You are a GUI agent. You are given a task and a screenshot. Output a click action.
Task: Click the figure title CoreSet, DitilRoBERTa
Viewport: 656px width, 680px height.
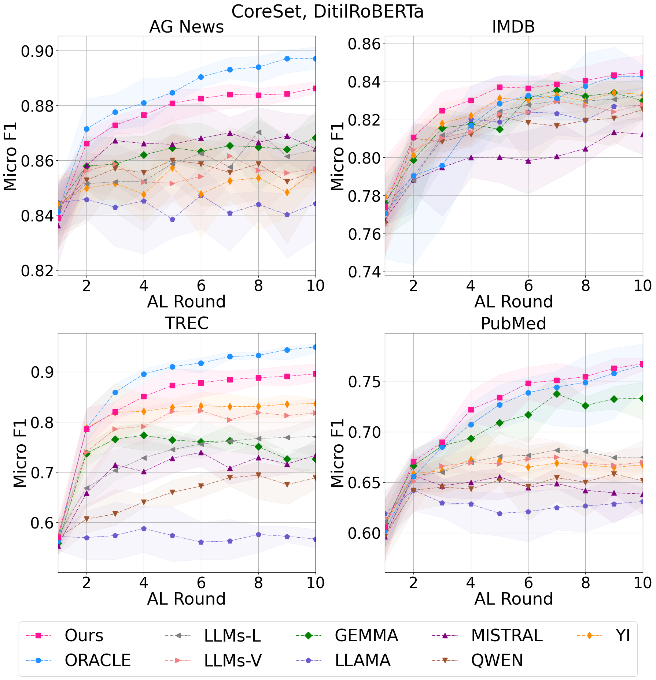click(x=327, y=12)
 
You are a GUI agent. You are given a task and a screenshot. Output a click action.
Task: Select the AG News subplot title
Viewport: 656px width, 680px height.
click(x=186, y=27)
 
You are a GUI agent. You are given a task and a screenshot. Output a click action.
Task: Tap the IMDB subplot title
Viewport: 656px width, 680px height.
click(x=513, y=27)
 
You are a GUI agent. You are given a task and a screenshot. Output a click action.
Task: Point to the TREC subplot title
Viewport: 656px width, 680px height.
click(x=186, y=324)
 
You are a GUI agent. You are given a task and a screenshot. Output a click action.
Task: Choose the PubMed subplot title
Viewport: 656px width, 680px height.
click(x=513, y=324)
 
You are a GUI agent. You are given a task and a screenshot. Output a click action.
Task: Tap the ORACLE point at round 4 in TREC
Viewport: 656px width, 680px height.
click(x=144, y=374)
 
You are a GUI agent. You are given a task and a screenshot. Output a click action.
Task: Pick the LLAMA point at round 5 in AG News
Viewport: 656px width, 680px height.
click(x=172, y=219)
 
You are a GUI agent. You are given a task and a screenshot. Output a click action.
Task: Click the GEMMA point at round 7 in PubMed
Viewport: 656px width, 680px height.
click(x=556, y=394)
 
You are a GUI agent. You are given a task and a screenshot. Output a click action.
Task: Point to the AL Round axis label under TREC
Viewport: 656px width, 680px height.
click(x=186, y=599)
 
